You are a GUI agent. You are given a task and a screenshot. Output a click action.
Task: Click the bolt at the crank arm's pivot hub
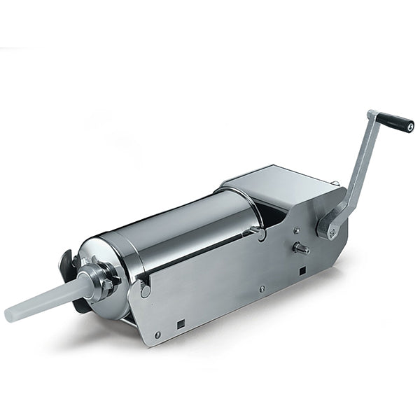pos(328,227)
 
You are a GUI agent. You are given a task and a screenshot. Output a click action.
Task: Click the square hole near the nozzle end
pos(181,324)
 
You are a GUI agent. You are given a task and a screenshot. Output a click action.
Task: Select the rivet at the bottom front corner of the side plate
pos(158,335)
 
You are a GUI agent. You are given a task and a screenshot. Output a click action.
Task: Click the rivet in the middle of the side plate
pos(260,288)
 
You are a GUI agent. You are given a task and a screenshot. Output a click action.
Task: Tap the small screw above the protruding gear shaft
pos(296,229)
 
